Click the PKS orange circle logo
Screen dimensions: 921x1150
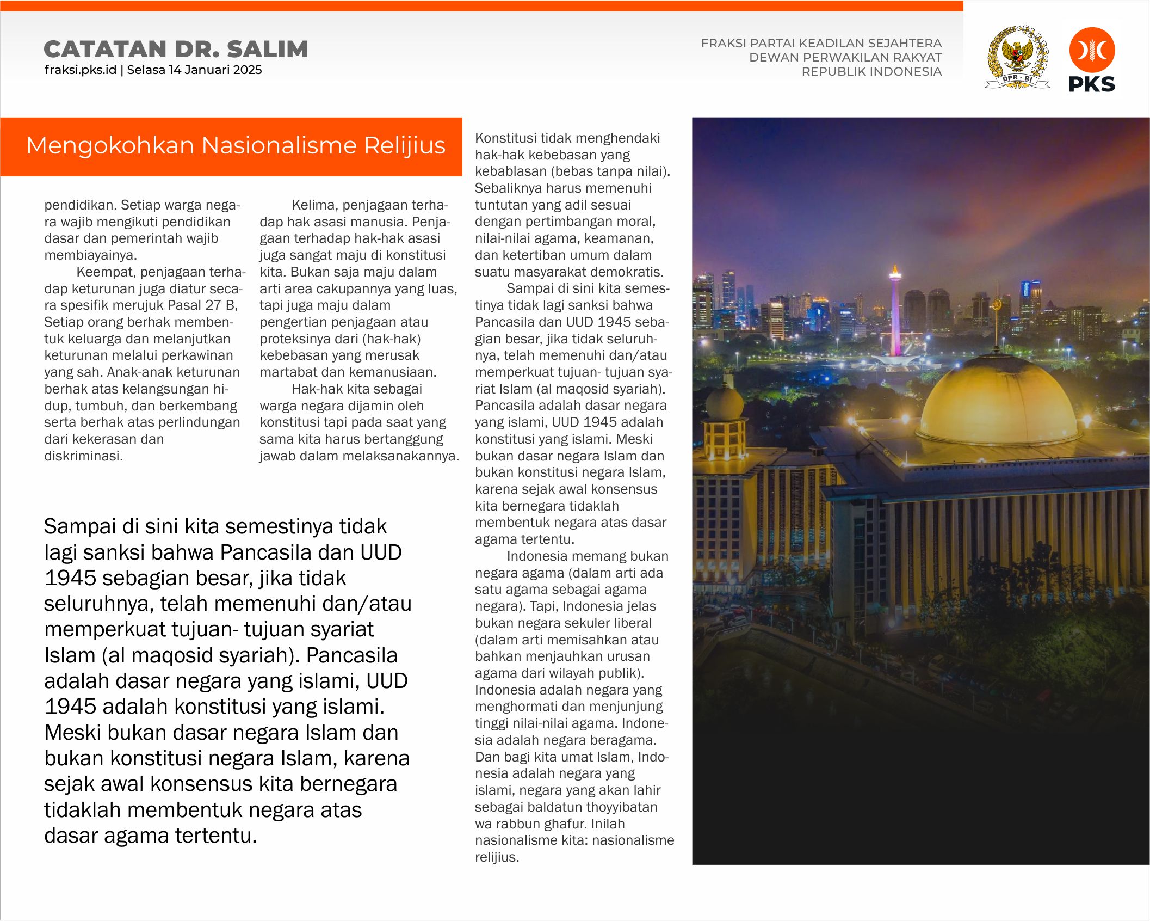pos(1092,50)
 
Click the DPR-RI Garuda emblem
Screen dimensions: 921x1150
pos(1017,57)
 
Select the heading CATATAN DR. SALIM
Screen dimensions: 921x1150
pos(176,49)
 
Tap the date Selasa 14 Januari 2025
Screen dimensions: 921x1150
pos(194,70)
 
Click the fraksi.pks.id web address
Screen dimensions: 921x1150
pos(80,70)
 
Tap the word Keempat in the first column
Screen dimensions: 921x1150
pos(104,272)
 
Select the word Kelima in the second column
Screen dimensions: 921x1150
pos(313,205)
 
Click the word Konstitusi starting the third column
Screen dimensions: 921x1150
pos(510,138)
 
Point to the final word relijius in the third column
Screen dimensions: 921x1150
pos(496,857)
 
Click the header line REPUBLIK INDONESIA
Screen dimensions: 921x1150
pos(871,72)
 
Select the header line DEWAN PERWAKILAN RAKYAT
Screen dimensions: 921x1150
pos(845,58)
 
